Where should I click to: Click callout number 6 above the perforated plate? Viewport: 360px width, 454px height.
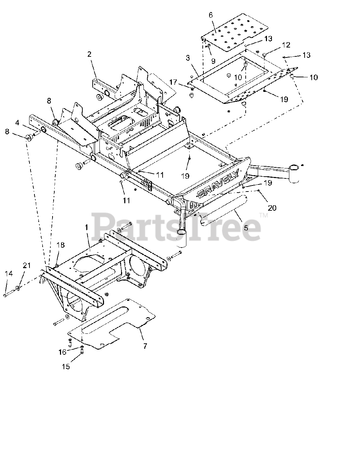pos(211,15)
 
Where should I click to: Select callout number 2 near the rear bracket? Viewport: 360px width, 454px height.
pos(89,54)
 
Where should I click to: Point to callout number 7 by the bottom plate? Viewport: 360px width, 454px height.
pos(145,346)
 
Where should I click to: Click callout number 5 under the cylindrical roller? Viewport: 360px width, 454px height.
pos(246,228)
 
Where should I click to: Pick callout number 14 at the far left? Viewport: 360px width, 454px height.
pos(9,273)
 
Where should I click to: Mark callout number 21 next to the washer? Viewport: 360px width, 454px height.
pos(27,266)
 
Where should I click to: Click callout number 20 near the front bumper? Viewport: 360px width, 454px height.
pos(272,208)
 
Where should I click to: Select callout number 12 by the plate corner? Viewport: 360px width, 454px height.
pos(286,45)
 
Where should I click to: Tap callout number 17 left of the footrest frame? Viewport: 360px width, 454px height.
pos(173,82)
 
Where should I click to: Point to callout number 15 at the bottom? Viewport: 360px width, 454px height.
pos(66,367)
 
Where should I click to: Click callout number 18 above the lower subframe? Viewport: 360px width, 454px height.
pos(61,245)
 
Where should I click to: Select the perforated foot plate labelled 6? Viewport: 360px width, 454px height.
pos(234,32)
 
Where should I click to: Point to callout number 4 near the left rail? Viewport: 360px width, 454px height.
pos(17,123)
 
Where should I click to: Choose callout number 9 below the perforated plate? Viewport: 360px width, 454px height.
pos(213,61)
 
